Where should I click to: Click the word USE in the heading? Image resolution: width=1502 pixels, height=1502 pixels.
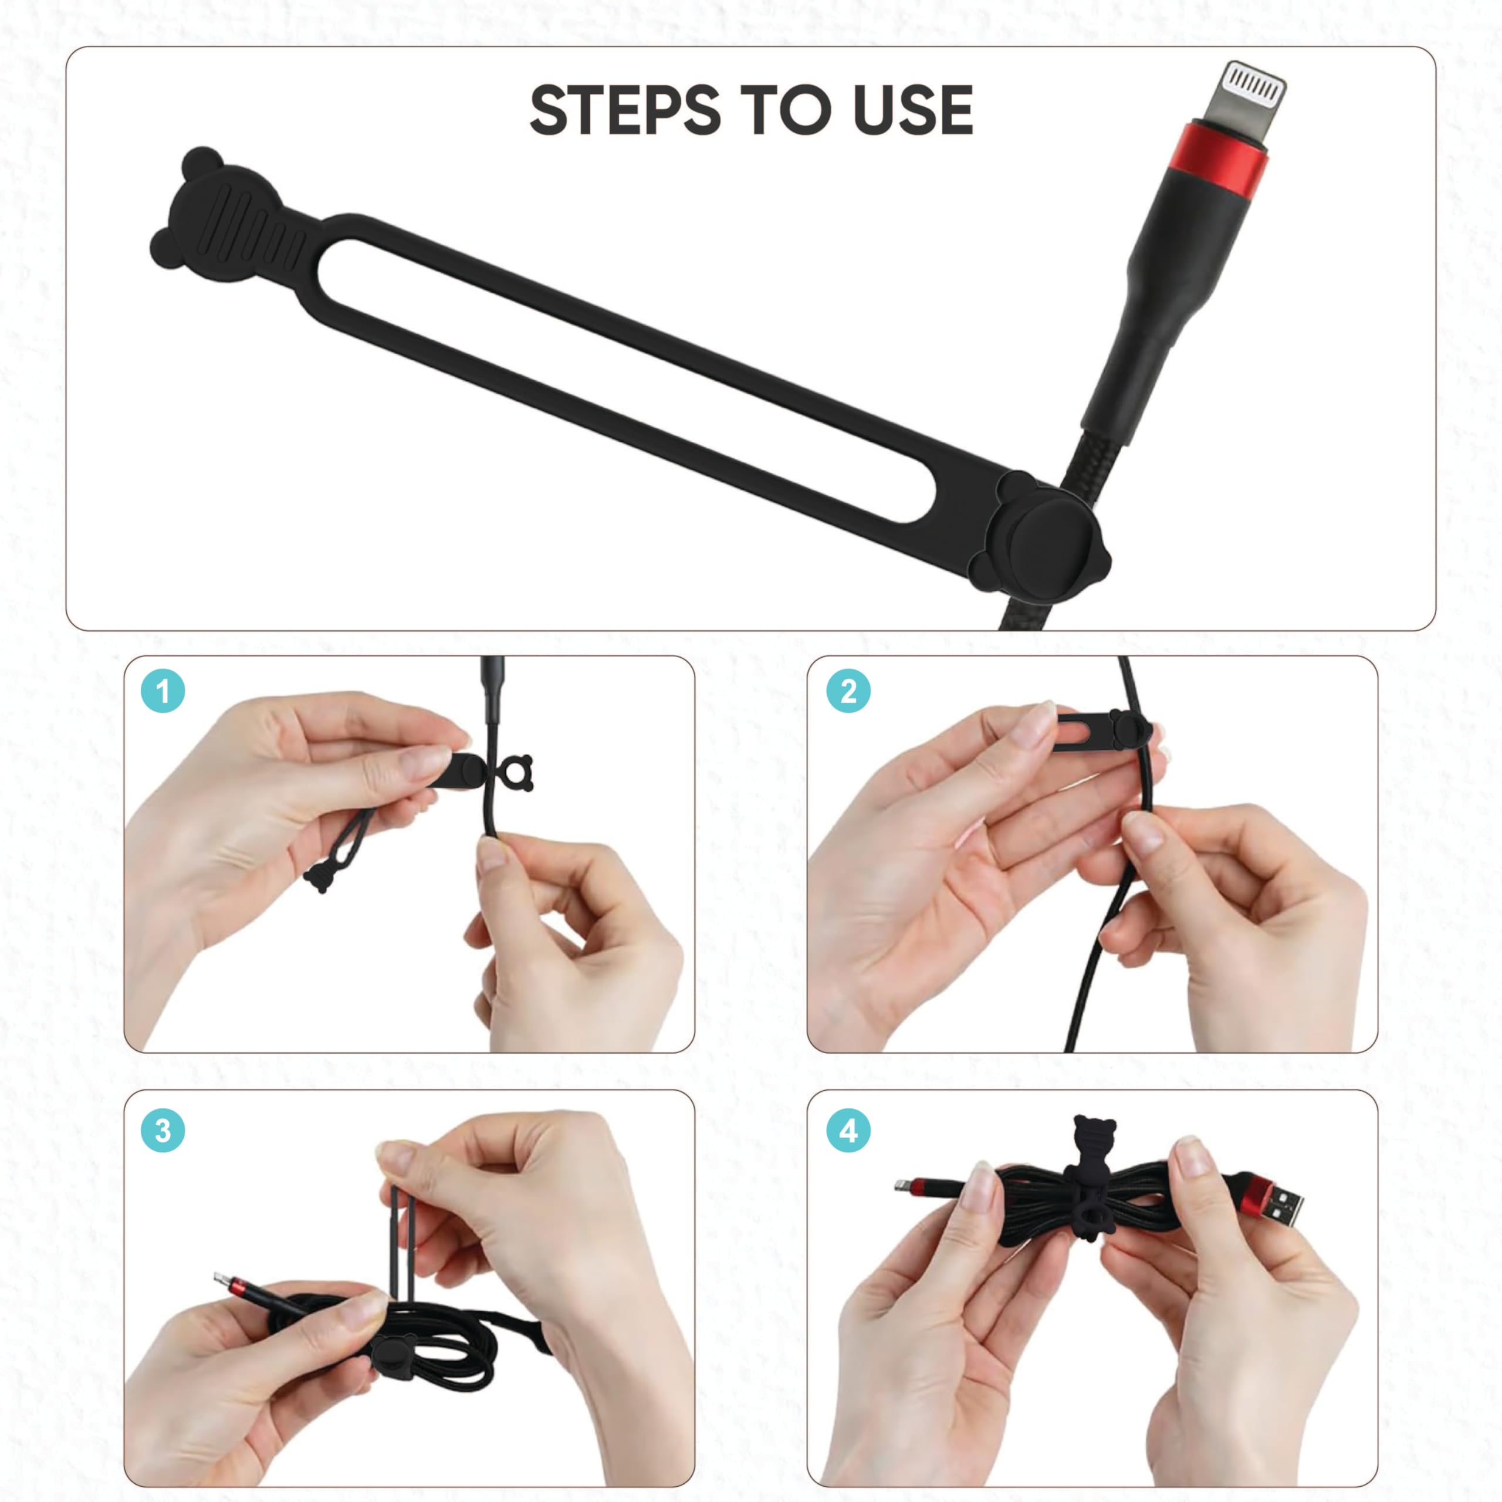pos(913,110)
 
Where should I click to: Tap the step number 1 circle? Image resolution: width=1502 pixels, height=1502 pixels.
pos(163,691)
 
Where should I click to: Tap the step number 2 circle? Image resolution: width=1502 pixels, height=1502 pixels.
pos(848,691)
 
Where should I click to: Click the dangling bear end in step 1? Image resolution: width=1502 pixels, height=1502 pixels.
pos(318,878)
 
